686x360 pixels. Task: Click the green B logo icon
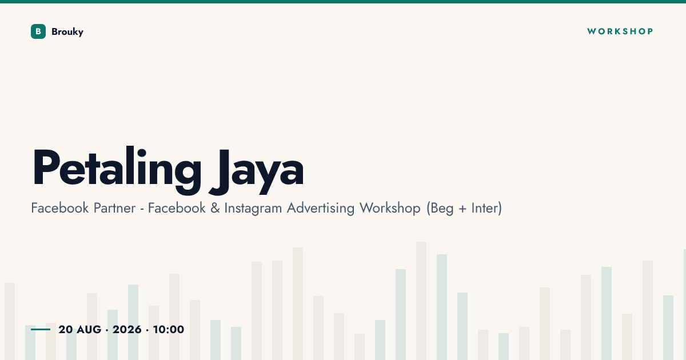tap(38, 31)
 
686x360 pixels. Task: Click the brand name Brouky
tap(67, 32)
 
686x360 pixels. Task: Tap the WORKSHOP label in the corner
tap(620, 31)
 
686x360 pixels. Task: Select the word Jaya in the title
tap(256, 171)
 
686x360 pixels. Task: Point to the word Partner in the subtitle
tap(114, 208)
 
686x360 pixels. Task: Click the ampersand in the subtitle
tap(215, 208)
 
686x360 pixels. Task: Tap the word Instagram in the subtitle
tap(253, 209)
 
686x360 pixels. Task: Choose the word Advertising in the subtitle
tap(321, 209)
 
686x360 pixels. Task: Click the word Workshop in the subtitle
tap(390, 209)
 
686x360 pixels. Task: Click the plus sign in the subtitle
tap(462, 209)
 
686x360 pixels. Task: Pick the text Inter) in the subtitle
tap(486, 208)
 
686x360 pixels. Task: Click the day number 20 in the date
tap(66, 329)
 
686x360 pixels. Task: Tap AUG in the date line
tap(89, 329)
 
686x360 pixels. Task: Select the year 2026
tap(127, 329)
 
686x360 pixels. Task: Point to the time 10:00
tap(169, 329)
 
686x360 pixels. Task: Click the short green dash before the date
tap(41, 329)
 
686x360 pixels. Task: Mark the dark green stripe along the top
tap(343, 2)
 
